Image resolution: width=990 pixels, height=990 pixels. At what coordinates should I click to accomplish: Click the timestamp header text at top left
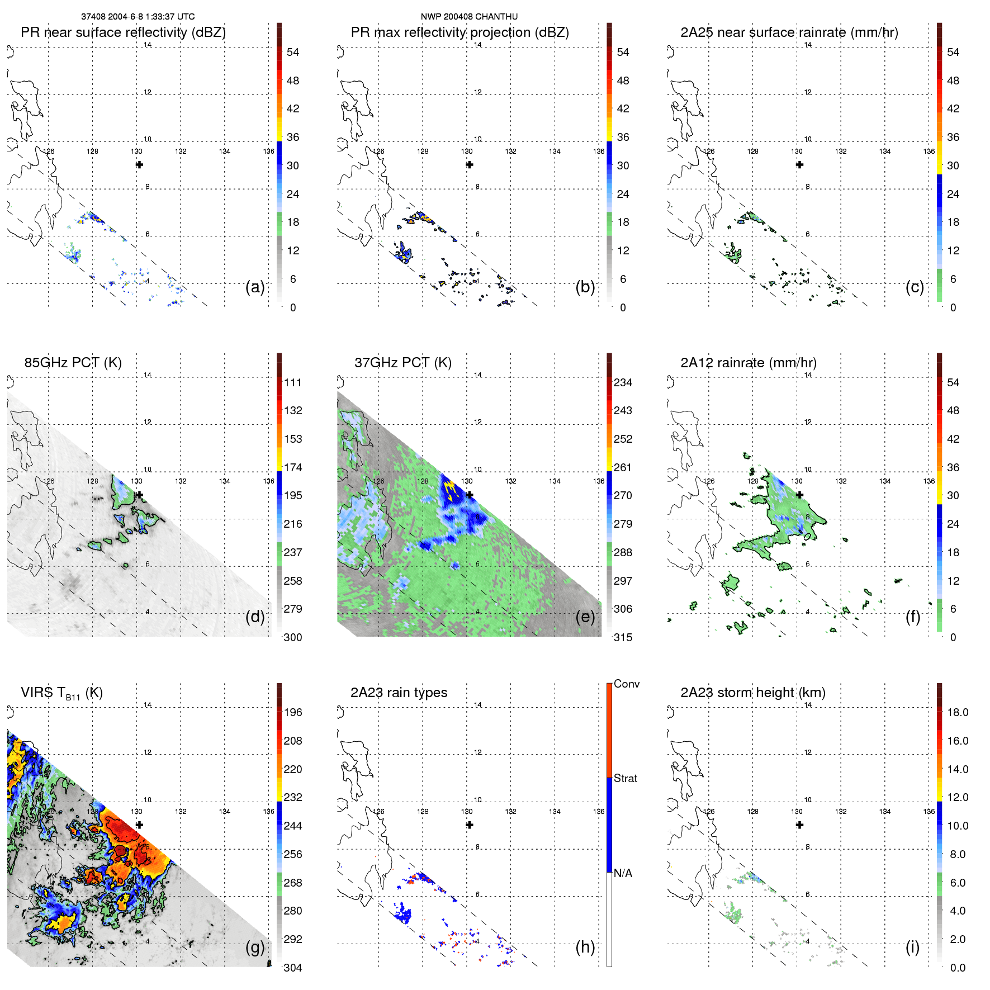click(x=138, y=17)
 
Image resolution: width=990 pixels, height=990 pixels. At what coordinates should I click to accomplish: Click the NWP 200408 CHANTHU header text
click(x=469, y=17)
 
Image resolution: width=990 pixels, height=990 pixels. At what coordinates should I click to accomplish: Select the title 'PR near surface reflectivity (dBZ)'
click(x=123, y=32)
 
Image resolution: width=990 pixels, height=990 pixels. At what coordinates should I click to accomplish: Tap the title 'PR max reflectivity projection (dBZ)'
click(x=460, y=32)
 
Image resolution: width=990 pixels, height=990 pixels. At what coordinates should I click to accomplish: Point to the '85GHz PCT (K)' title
click(x=73, y=363)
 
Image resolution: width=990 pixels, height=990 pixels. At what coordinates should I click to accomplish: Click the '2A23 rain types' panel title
click(x=399, y=693)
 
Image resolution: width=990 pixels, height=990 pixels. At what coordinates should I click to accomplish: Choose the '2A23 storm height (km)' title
click(x=752, y=693)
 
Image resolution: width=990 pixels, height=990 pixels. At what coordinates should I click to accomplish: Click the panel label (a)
click(x=254, y=287)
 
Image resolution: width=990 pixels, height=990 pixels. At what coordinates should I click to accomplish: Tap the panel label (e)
click(x=585, y=617)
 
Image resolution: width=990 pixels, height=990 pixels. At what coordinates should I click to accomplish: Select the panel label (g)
click(x=254, y=948)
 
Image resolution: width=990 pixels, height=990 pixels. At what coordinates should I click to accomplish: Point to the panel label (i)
click(x=912, y=948)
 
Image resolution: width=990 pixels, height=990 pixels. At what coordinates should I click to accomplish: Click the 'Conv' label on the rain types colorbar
click(x=626, y=684)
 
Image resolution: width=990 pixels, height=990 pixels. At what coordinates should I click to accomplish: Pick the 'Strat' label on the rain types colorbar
click(x=625, y=778)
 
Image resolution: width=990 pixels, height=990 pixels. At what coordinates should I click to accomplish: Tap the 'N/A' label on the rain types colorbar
click(x=623, y=873)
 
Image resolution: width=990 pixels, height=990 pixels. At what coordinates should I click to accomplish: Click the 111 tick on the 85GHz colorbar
click(x=293, y=383)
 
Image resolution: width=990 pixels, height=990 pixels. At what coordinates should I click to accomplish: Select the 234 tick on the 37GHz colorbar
click(x=623, y=383)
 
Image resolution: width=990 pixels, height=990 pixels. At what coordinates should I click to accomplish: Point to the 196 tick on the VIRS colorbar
click(x=293, y=713)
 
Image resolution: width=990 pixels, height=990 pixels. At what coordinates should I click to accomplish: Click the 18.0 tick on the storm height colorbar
click(x=957, y=713)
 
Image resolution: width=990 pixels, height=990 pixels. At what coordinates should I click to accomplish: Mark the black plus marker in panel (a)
click(x=139, y=164)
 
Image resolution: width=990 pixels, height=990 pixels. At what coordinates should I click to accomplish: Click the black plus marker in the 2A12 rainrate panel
click(x=799, y=495)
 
